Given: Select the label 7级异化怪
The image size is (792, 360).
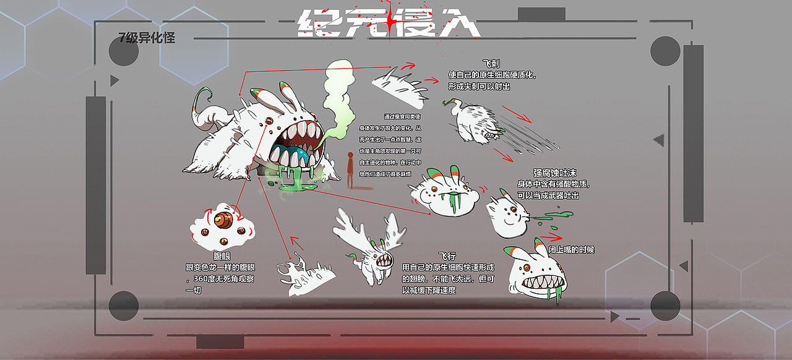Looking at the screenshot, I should [147, 38].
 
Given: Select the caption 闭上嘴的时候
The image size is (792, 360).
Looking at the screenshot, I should [571, 250].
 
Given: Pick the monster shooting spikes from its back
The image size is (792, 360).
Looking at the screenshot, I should [473, 121].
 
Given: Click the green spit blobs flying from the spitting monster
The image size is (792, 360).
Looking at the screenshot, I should [554, 216].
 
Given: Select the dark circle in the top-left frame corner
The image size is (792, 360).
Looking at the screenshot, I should [124, 51].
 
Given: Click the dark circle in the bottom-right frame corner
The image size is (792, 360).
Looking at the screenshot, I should [665, 305].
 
